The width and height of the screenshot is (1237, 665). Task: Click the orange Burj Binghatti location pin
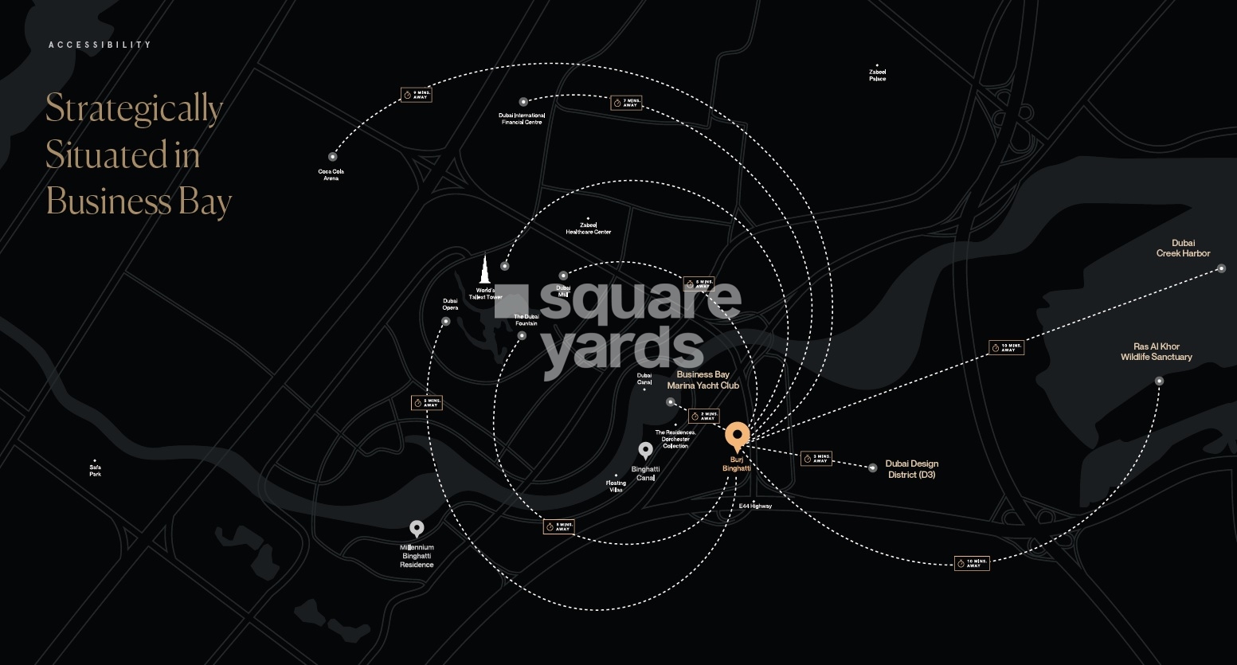(x=737, y=436)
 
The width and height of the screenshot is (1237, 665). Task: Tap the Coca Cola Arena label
(x=331, y=174)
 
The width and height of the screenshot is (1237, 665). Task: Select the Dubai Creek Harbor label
(x=1183, y=248)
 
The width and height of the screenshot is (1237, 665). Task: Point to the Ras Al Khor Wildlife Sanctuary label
(x=1156, y=352)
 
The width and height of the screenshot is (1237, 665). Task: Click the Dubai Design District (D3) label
(x=911, y=469)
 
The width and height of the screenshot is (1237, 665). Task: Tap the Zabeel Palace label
(x=877, y=76)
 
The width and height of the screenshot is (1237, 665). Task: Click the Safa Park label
(x=96, y=471)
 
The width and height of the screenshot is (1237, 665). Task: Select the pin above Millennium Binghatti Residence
(x=417, y=529)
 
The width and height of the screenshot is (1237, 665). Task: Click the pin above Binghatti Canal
(x=646, y=451)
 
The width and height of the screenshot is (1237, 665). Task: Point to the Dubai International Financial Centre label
(x=522, y=119)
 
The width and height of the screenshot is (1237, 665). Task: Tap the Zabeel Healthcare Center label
(x=588, y=229)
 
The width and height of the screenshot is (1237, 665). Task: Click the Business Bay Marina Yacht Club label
(x=703, y=380)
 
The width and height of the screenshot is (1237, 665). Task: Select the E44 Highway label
(x=754, y=507)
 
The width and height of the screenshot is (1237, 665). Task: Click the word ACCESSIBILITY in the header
(x=100, y=45)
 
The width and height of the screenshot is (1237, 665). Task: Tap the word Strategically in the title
(x=134, y=109)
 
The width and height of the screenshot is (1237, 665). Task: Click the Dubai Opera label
(x=450, y=304)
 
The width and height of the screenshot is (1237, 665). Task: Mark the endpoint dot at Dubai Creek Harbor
(x=1221, y=269)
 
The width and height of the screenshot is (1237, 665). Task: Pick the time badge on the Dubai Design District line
(x=816, y=459)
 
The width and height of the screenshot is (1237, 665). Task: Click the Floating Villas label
(x=616, y=486)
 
